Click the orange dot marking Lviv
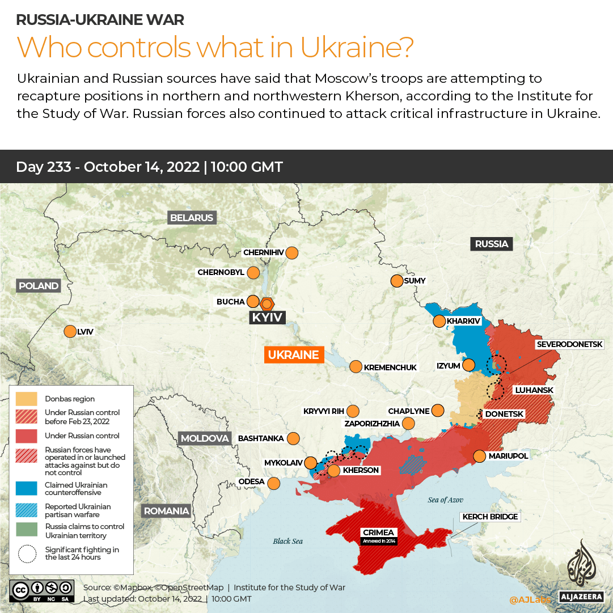(70, 332)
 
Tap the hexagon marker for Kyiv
(267, 303)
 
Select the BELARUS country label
(192, 218)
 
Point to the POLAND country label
(39, 286)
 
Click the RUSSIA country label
(491, 244)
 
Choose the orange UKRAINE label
(293, 355)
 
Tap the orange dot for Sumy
(396, 281)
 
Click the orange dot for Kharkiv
(439, 322)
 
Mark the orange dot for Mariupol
(479, 456)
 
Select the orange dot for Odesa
(273, 483)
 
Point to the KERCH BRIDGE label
(490, 517)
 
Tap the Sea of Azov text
(445, 500)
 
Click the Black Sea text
(288, 541)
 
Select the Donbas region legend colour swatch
(27, 399)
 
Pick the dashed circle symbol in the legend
(27, 553)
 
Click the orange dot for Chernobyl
(253, 273)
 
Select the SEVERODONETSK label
(574, 344)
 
